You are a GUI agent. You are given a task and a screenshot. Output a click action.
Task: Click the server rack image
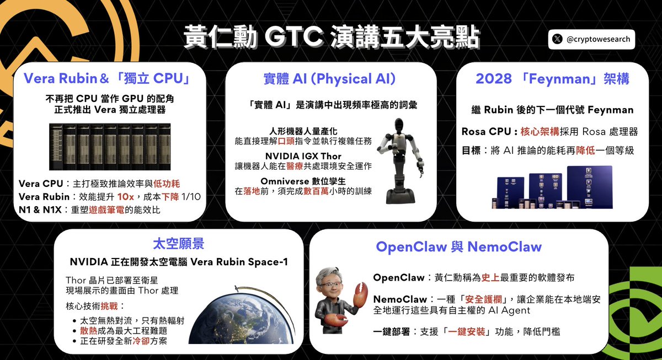click(x=110, y=146)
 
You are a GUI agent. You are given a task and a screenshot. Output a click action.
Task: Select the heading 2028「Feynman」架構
click(x=552, y=79)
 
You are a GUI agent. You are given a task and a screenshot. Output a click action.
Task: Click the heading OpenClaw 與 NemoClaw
click(x=458, y=246)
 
